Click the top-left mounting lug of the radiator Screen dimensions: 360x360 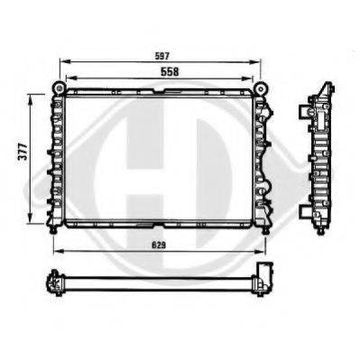(59, 88)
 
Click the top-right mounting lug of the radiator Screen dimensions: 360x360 (263, 88)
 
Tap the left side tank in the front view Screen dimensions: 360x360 (58, 158)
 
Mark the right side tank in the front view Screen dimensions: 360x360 (264, 158)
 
